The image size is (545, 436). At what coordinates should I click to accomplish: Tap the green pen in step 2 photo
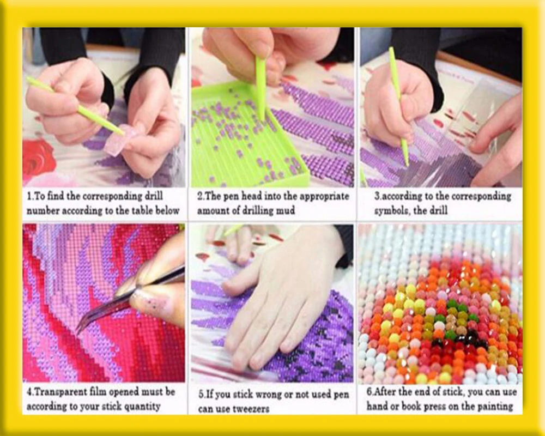pos(261,87)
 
